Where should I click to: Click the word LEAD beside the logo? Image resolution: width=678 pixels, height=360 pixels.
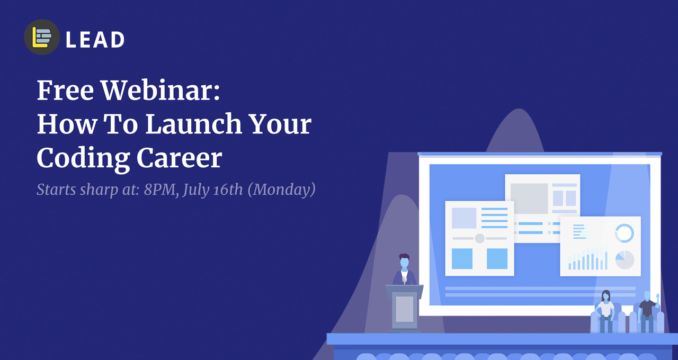coord(95,40)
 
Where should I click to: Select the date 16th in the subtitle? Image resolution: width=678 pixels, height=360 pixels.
coord(228,189)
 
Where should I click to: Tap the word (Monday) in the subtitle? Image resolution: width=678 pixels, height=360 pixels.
coord(282,190)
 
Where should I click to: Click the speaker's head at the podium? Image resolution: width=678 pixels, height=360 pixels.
coord(404,262)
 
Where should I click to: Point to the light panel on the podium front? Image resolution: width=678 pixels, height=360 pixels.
coord(404,309)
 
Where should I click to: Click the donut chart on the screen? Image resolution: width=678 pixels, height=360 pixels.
coord(625,233)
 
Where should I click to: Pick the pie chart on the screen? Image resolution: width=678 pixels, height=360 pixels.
coord(625,260)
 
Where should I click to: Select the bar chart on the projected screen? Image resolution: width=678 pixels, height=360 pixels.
coord(587,259)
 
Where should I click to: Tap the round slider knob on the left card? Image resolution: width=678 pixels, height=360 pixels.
coord(479,238)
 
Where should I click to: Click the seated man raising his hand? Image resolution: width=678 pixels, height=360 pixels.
coord(647,310)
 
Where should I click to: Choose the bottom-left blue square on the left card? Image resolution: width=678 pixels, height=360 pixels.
coord(462,258)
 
